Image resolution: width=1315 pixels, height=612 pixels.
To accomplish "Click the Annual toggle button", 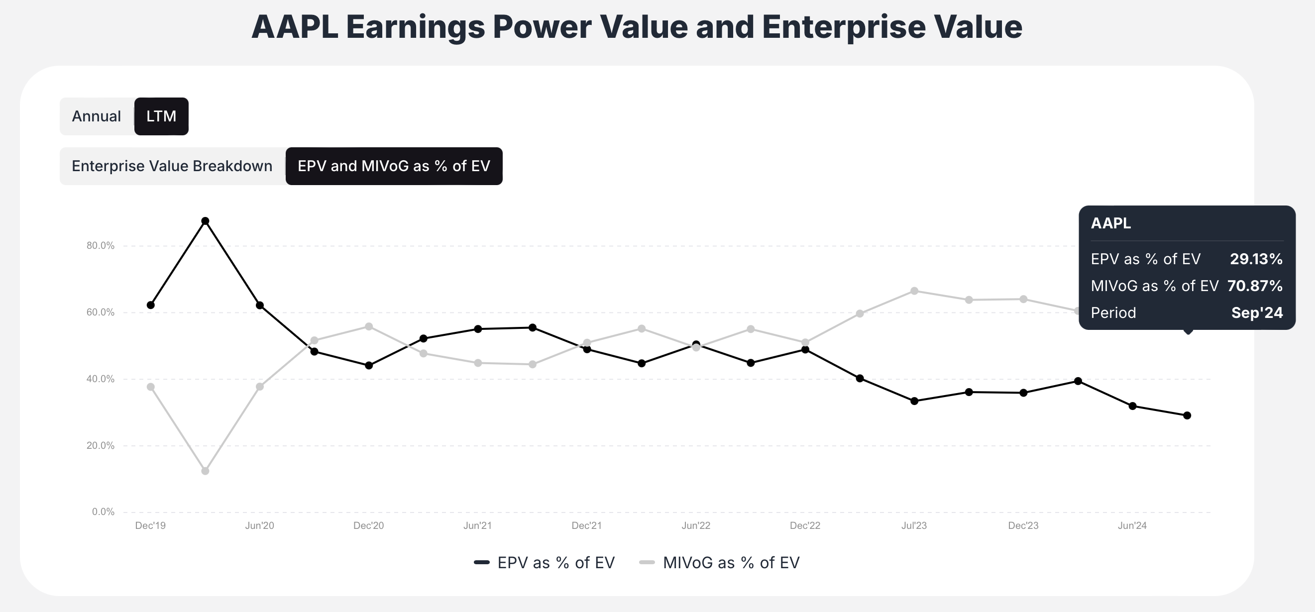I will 97,116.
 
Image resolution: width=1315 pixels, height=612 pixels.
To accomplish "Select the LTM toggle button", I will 161,116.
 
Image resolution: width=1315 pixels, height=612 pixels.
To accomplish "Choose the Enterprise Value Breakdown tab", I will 172,166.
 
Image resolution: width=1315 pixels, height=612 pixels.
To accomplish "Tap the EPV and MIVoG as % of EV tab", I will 394,166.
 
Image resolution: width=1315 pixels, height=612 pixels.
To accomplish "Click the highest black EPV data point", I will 205,221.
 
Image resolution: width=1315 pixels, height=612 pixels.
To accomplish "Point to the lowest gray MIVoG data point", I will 205,471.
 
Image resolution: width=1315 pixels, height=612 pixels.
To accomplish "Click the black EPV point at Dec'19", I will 151,305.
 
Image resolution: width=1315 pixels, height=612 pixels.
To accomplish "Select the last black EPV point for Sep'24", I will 1187,415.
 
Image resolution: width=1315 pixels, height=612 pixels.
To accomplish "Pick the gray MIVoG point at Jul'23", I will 914,291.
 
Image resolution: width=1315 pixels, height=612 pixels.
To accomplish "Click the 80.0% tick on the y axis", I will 101,245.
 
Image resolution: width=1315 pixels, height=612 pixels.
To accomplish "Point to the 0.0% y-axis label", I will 103,512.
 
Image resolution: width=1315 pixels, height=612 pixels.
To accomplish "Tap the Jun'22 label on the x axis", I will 696,526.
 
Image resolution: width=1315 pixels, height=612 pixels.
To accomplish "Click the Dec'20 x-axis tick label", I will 368,526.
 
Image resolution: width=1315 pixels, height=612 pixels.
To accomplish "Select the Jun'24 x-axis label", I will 1132,526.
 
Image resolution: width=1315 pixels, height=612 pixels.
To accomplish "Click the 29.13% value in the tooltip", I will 1256,259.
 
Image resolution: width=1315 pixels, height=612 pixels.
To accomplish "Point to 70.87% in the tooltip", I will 1255,286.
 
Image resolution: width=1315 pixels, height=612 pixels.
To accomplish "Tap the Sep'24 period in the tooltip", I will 1257,312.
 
